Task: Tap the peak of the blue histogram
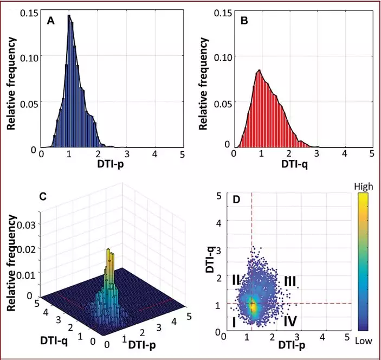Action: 69,16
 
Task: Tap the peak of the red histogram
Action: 260,71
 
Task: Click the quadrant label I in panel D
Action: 234,322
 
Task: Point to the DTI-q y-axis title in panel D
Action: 222,259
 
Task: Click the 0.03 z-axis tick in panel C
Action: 27,223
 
